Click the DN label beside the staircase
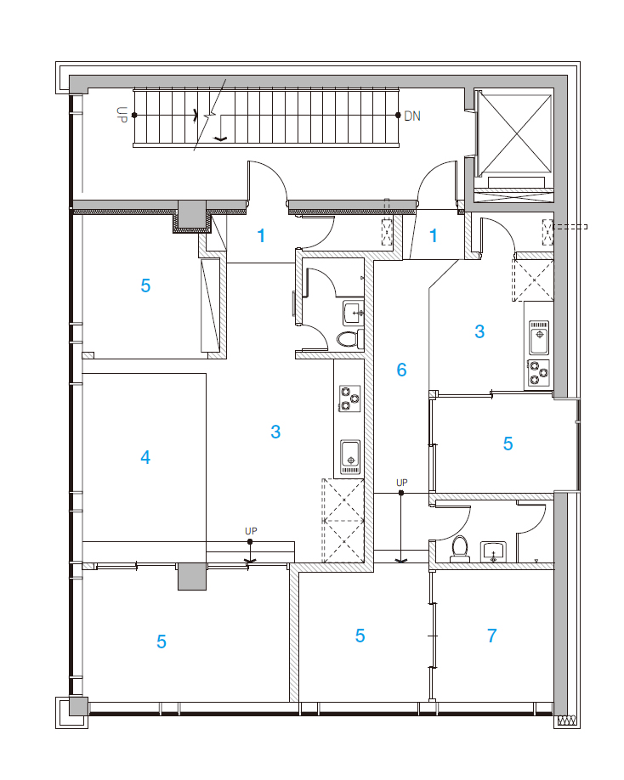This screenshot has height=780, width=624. (x=412, y=116)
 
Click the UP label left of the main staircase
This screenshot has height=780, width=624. (x=122, y=115)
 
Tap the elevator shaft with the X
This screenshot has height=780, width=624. (x=514, y=133)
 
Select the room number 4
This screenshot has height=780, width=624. (x=145, y=457)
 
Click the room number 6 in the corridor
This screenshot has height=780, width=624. (x=401, y=370)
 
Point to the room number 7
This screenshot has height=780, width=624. (x=491, y=636)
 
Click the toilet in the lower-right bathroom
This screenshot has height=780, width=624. (x=460, y=549)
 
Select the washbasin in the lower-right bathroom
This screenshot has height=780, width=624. (x=493, y=551)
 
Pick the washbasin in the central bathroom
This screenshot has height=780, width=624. (x=354, y=313)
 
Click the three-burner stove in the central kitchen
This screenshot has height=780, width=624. (x=349, y=398)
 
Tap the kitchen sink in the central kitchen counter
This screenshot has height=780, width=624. (x=350, y=456)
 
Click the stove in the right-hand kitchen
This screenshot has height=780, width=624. (x=538, y=373)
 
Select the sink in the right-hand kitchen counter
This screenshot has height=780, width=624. (x=538, y=337)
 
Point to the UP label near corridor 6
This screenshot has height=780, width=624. (x=401, y=483)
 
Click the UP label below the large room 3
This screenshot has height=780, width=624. (x=251, y=531)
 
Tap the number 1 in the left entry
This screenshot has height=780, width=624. (x=261, y=236)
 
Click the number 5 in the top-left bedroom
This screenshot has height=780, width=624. (x=145, y=285)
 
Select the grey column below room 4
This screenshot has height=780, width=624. (x=192, y=577)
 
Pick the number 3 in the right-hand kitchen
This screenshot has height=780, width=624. (x=479, y=331)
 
